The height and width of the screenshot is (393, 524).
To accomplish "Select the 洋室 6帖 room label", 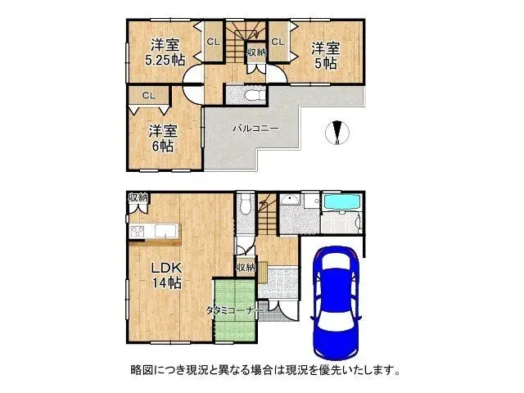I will (x=162, y=138).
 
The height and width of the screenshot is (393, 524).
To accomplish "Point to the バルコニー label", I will (x=255, y=129).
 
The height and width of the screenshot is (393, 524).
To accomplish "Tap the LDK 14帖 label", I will (x=164, y=277).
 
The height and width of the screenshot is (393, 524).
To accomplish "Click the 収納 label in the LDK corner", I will (x=138, y=197).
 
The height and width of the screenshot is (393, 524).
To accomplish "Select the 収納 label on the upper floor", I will (x=255, y=52).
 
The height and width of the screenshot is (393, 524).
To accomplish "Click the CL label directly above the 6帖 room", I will (x=148, y=96).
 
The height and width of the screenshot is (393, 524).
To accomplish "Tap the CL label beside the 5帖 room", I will (x=278, y=41).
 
